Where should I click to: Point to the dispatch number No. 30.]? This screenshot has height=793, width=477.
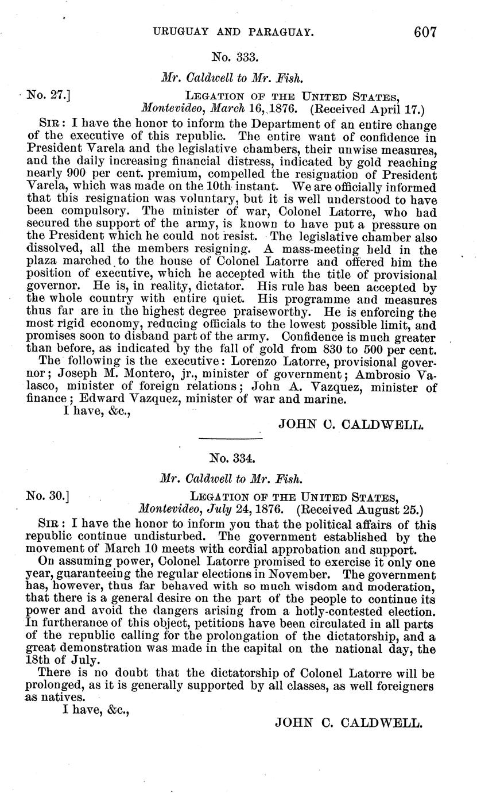coord(48,496)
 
